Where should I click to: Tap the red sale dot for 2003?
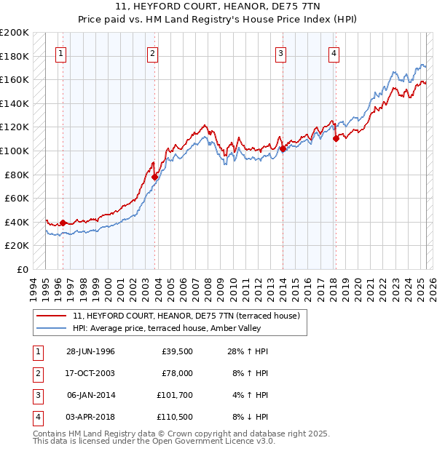pos(155,177)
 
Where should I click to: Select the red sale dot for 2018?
pos(336,138)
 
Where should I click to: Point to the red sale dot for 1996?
pos(63,223)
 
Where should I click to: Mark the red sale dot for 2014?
pos(282,148)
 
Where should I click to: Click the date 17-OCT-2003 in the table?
pos(91,373)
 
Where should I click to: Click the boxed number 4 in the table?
pos(37,417)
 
